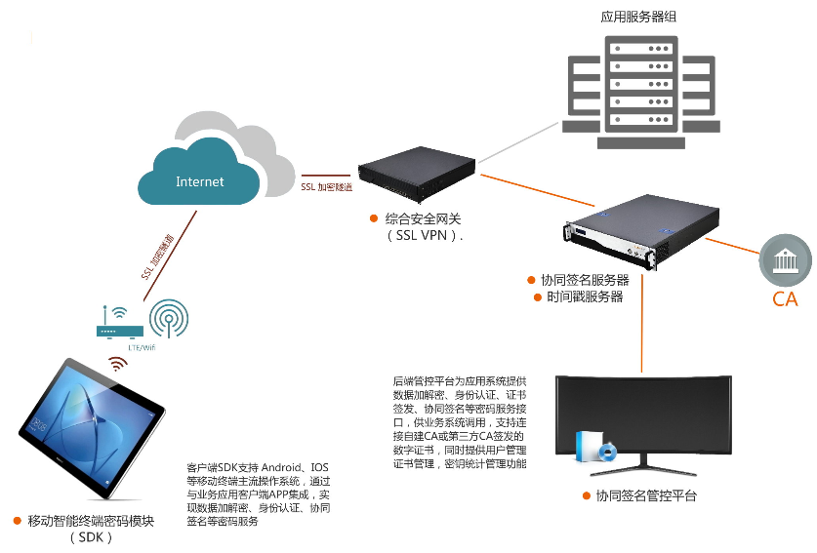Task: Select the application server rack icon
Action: tap(638, 94)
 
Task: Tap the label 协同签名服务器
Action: tap(585, 280)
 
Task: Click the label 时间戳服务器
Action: tap(585, 296)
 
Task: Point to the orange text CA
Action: tap(785, 299)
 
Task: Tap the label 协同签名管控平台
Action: tap(646, 496)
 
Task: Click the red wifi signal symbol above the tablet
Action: tap(117, 364)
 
